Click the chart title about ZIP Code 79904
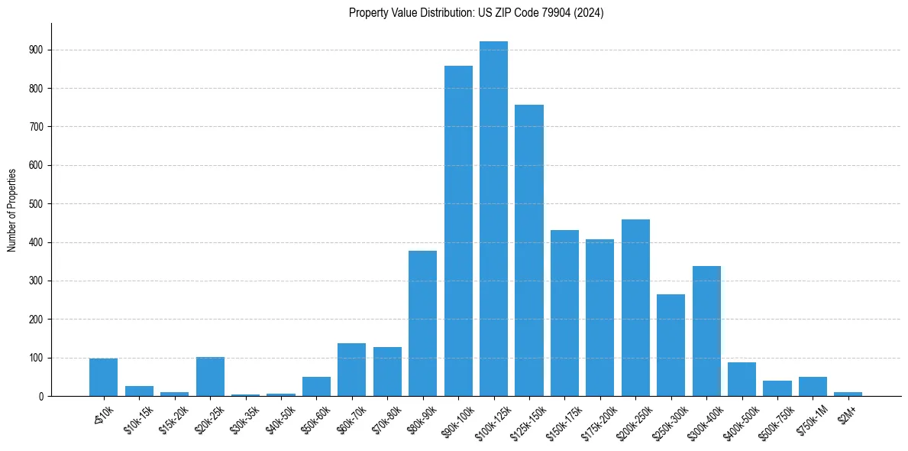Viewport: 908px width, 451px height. click(477, 13)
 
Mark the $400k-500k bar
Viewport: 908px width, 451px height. click(742, 379)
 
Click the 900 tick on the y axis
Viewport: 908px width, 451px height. click(36, 50)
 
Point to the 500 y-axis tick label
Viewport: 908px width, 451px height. click(36, 204)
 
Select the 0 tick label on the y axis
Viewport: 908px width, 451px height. click(40, 396)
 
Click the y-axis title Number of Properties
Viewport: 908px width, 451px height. click(12, 210)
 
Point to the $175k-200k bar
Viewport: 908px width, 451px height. click(599, 317)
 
